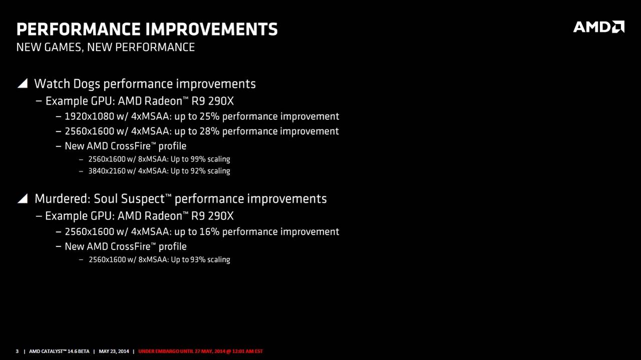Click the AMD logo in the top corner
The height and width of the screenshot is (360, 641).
pyautogui.click(x=598, y=27)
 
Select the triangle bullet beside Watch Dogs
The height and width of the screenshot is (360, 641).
pyautogui.click(x=23, y=83)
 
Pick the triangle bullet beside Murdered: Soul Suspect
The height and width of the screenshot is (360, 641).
pyautogui.click(x=23, y=198)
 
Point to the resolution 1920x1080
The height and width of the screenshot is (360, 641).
pyautogui.click(x=90, y=117)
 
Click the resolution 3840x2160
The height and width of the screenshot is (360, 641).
pyautogui.click(x=107, y=171)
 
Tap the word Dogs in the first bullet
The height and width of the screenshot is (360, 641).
pyautogui.click(x=87, y=84)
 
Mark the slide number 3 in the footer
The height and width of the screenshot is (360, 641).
pyautogui.click(x=17, y=351)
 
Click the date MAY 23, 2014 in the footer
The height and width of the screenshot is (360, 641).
pyautogui.click(x=114, y=351)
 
